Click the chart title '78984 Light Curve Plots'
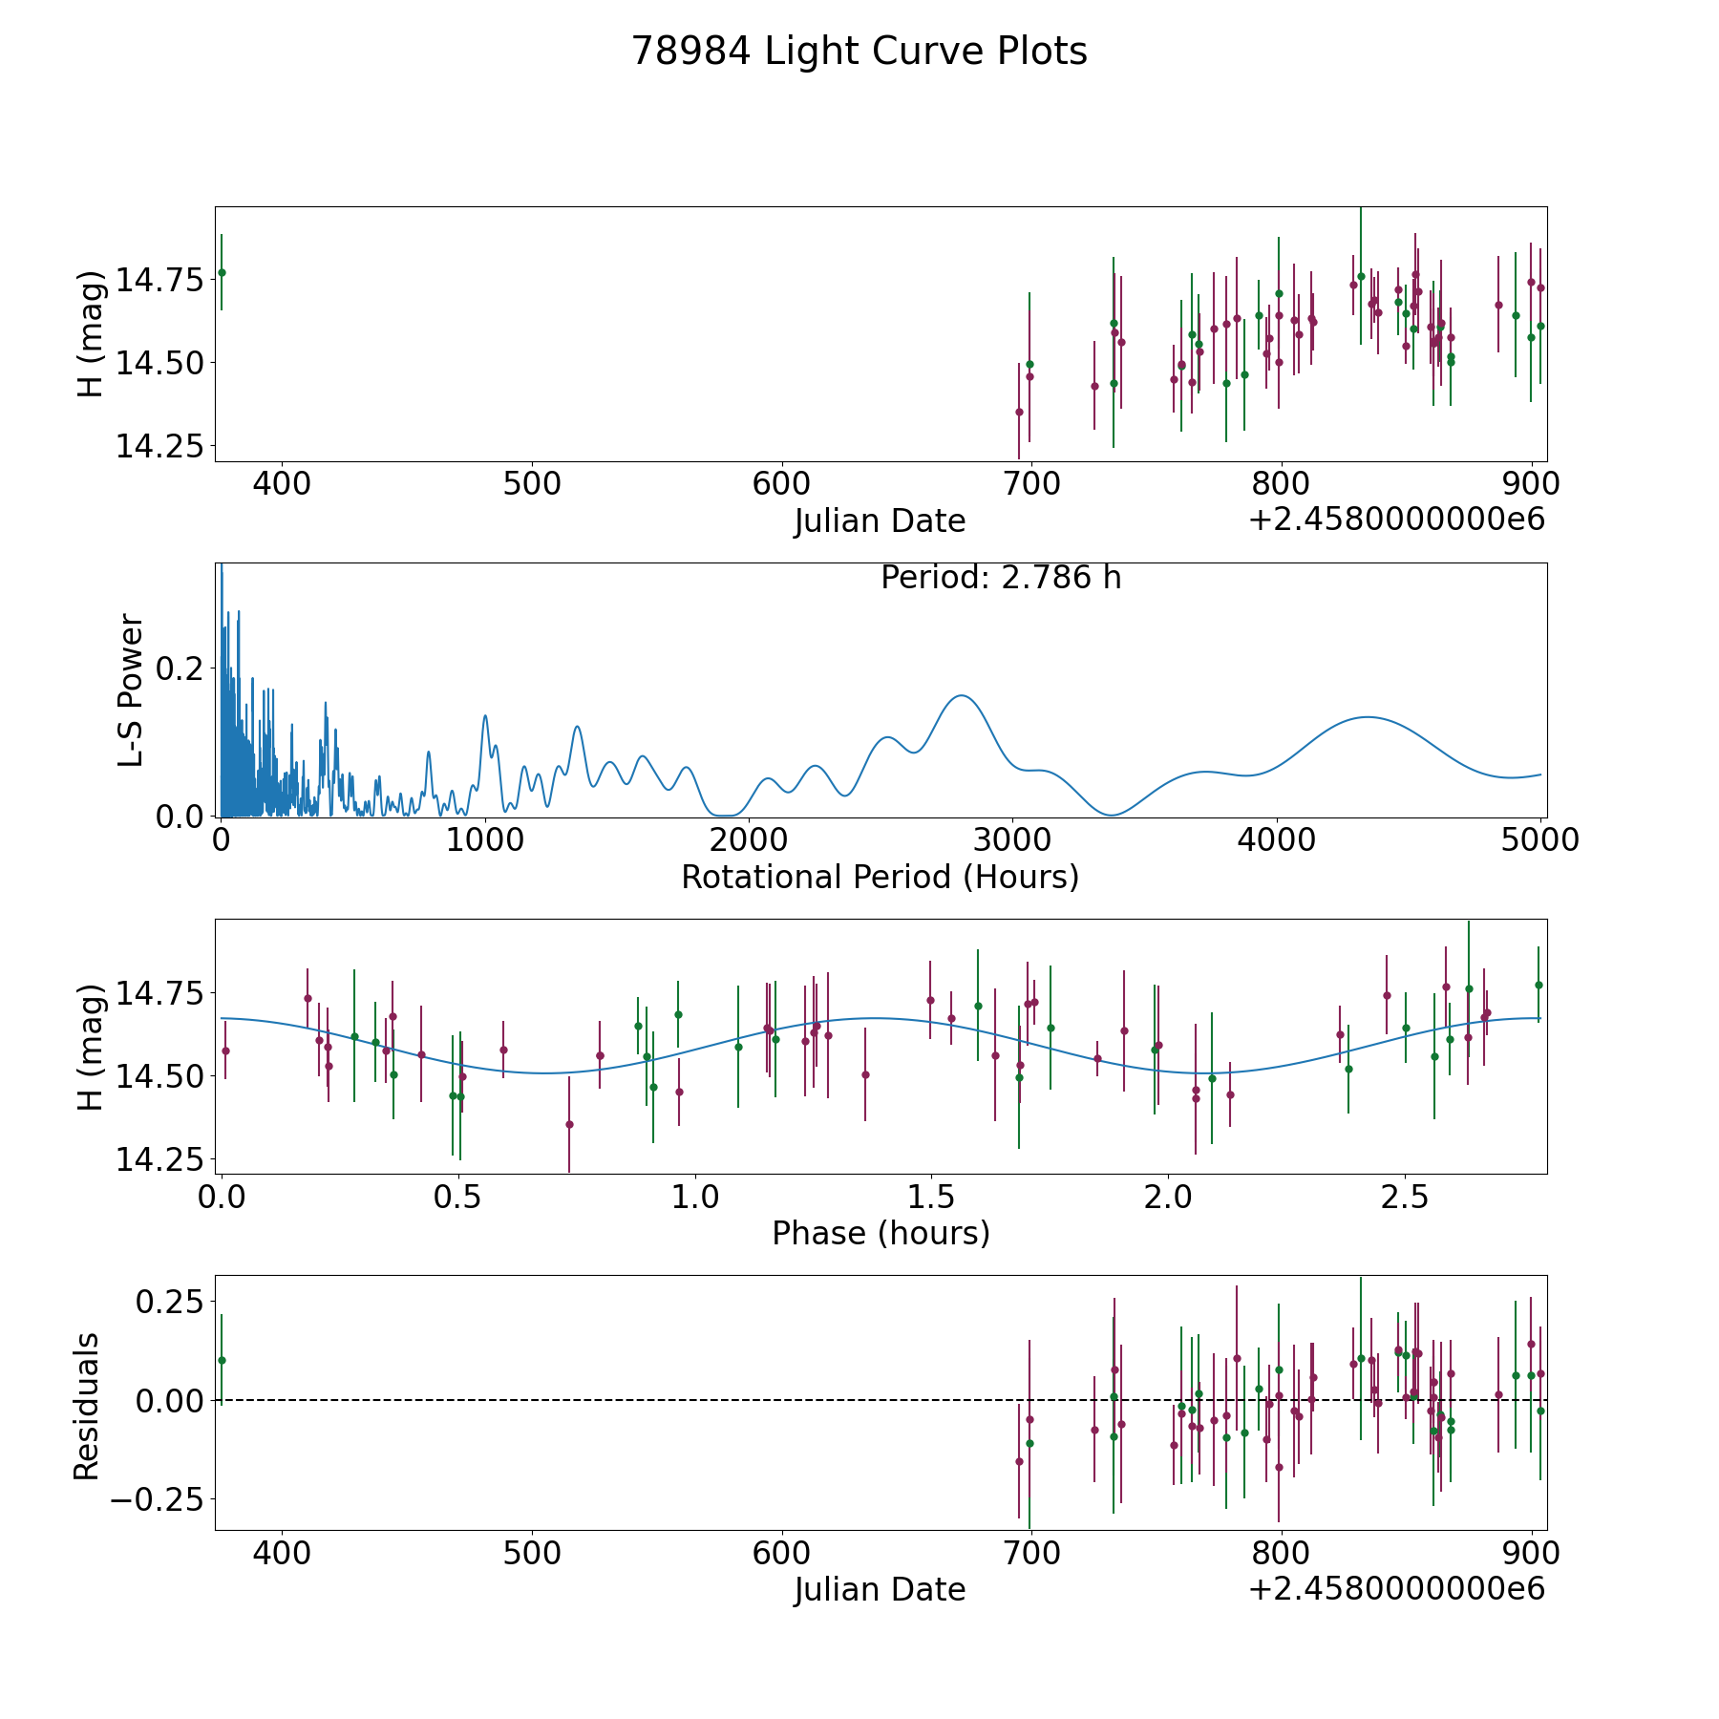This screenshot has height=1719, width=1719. coord(859,52)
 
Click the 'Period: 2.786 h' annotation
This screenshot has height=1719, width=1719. coord(1000,578)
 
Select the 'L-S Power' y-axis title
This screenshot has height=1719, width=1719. coord(132,690)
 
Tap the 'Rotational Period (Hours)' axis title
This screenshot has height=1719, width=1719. coord(880,877)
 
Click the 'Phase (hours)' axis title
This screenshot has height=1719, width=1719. coord(880,1233)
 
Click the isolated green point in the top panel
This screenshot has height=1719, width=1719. coord(222,272)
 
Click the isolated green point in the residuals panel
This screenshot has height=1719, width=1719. coord(222,1360)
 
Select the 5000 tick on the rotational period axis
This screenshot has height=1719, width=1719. coord(1539,840)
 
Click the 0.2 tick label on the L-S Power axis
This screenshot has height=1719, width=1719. coord(180,668)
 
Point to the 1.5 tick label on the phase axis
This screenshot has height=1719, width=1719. coord(931,1197)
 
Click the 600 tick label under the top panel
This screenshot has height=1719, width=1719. coord(781,484)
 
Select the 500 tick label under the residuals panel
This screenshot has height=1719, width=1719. coord(532,1553)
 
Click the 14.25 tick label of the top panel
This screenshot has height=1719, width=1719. coord(159,446)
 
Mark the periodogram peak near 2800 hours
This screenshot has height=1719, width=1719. coord(961,695)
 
